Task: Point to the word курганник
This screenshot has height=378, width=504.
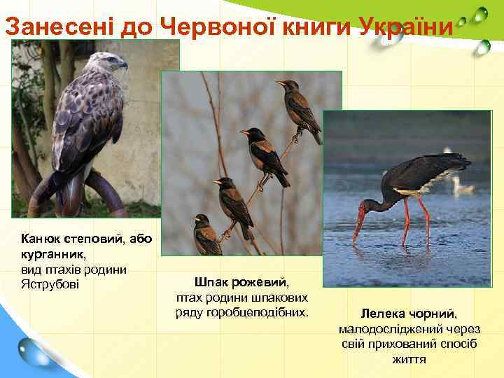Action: [52, 254]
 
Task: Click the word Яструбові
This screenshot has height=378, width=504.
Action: [50, 283]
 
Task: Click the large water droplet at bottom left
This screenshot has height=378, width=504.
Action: [34, 351]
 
